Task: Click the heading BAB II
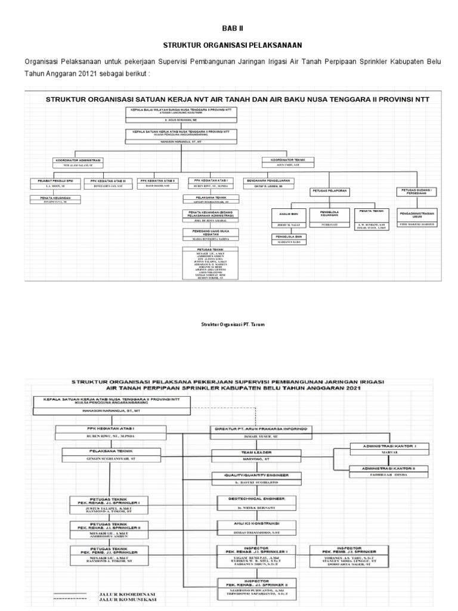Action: [x=232, y=28]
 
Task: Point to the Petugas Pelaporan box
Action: [x=330, y=190]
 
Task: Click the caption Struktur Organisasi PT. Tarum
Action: [x=233, y=323]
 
